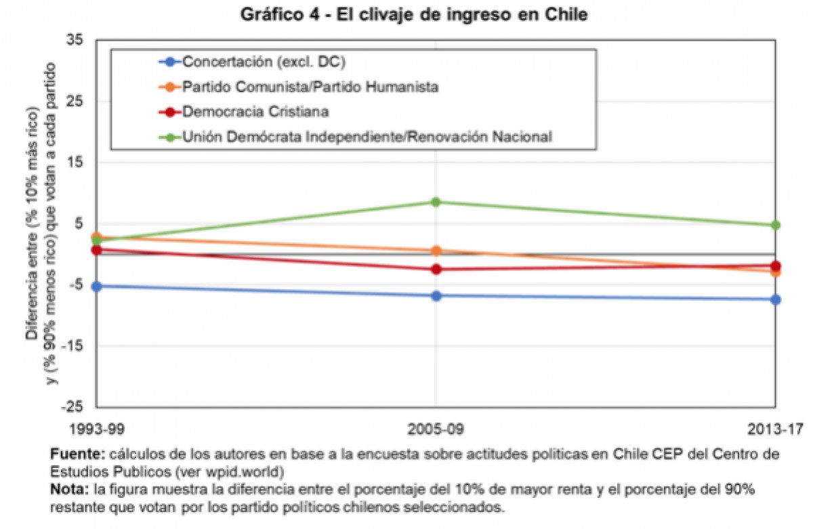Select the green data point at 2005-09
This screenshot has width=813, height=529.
436,202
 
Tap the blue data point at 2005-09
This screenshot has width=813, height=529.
436,295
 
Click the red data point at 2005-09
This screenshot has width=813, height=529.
436,269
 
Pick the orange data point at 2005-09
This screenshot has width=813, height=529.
436,251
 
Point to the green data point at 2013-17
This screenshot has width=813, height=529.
776,225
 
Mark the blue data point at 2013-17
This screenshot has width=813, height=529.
776,299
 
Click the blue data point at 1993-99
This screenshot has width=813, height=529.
97,287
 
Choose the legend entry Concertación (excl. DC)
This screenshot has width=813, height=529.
264,62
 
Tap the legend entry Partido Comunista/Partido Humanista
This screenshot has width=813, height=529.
311,87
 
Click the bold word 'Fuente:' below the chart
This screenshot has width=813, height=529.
73,453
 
